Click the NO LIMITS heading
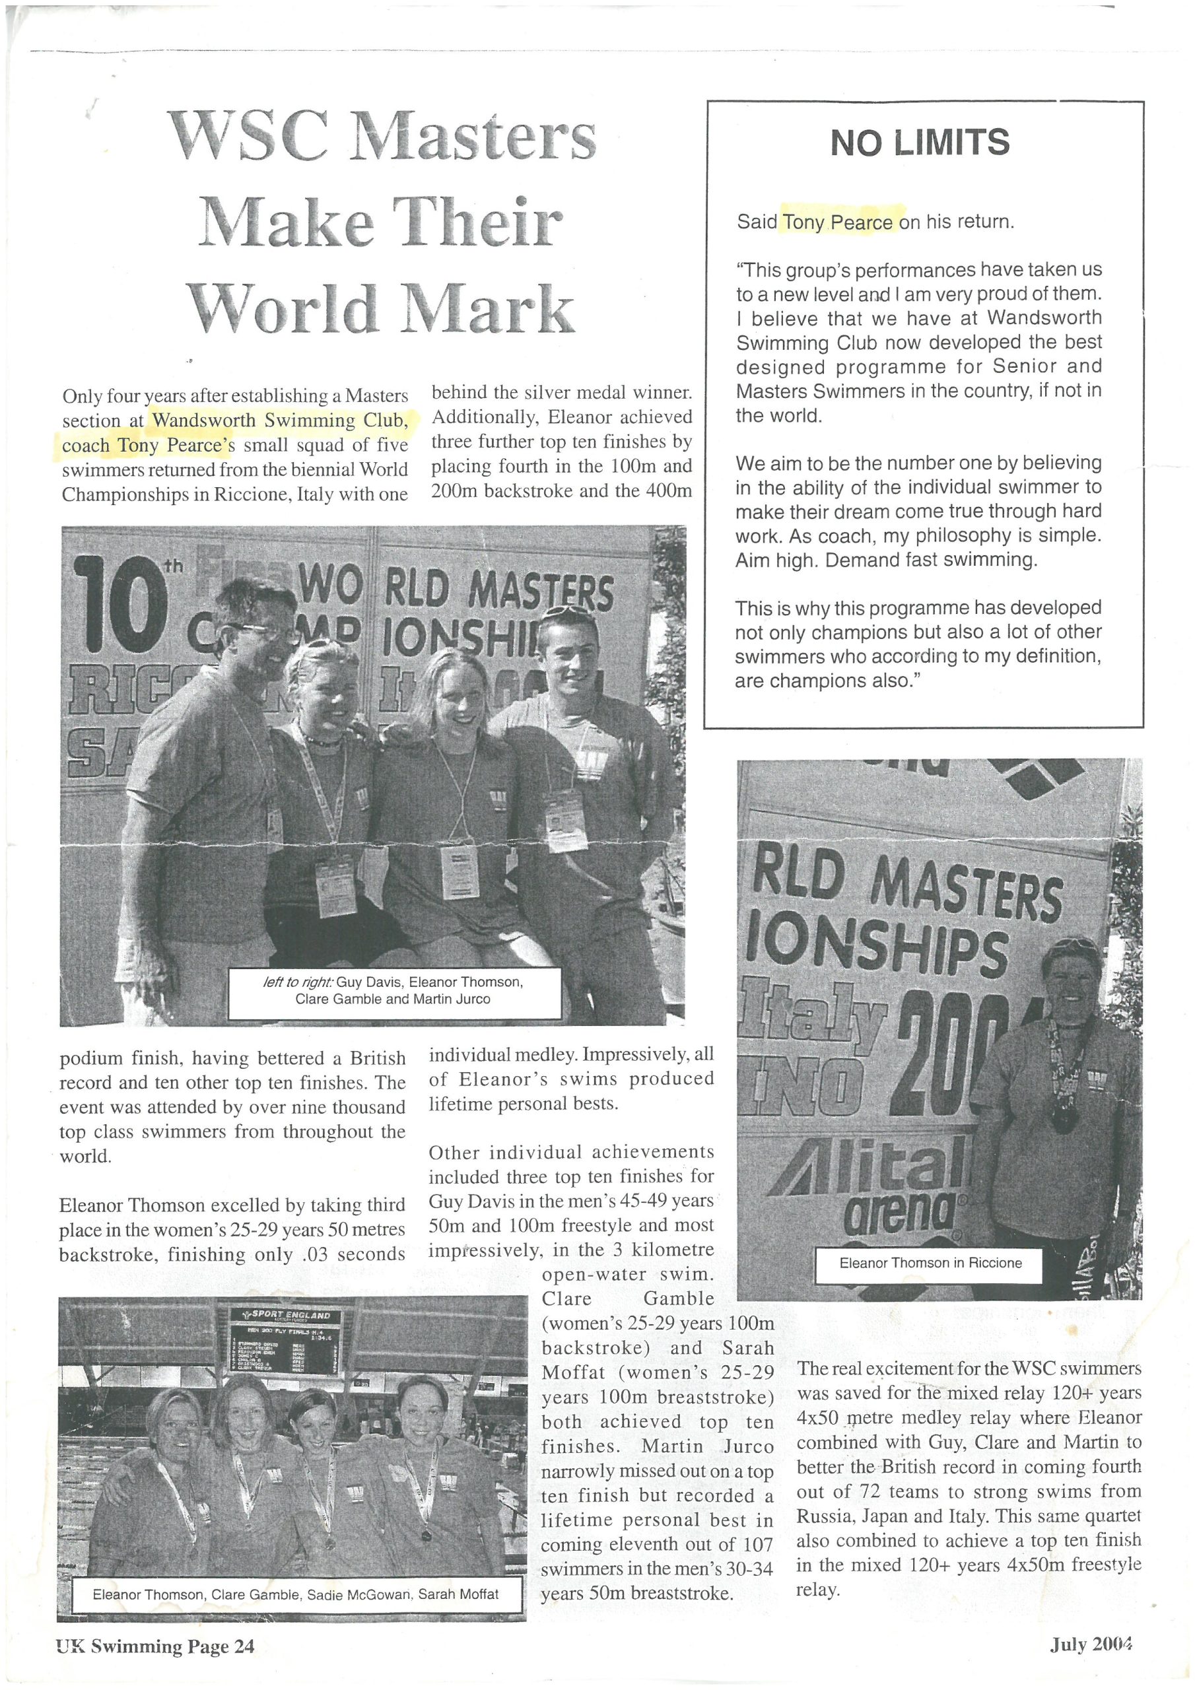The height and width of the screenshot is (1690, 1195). pos(920,142)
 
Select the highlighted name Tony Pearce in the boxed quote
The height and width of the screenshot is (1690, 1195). pos(838,222)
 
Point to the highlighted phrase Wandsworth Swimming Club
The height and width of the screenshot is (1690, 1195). pos(279,421)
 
